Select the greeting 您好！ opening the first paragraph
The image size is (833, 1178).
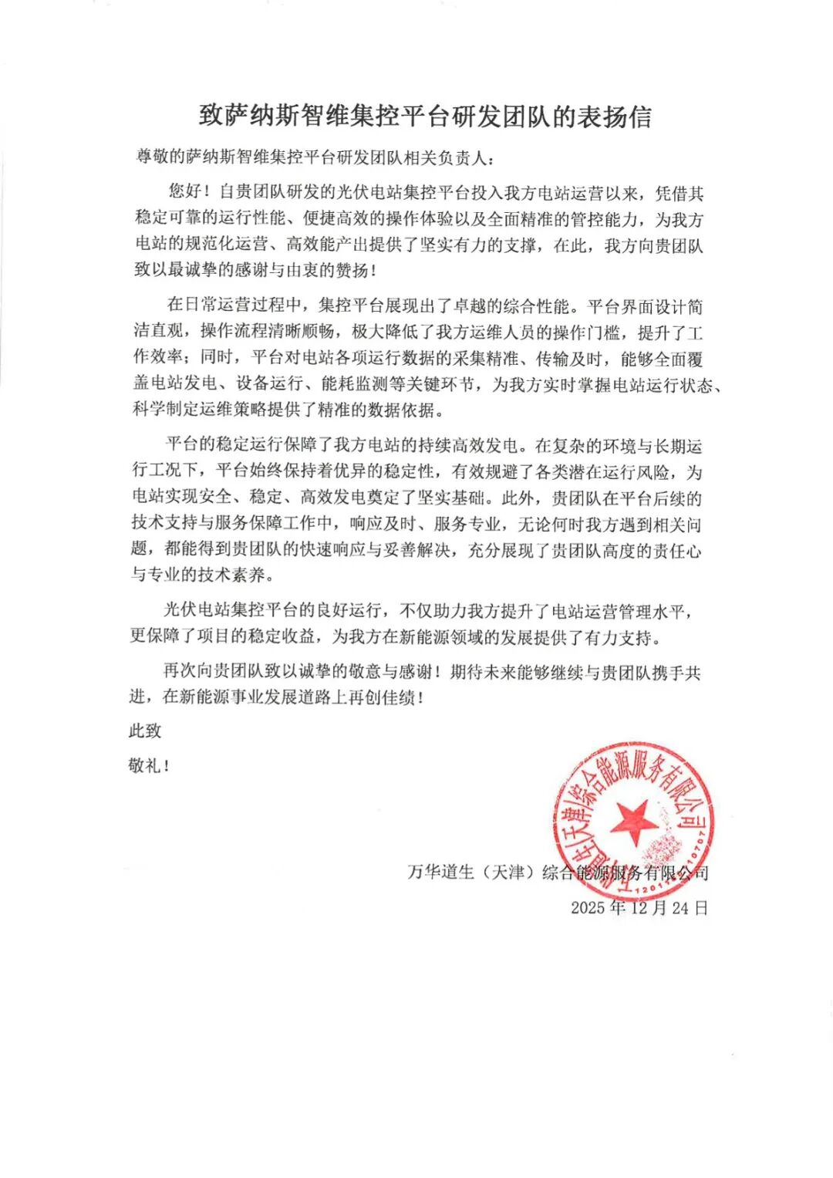coord(189,192)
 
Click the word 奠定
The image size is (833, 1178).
coord(400,498)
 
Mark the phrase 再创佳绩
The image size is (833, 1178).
coord(383,697)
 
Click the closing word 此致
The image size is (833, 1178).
coord(145,730)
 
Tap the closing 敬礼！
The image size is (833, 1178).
coord(148,765)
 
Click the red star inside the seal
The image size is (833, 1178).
coord(633,821)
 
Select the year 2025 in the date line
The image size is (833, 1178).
coord(588,908)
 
